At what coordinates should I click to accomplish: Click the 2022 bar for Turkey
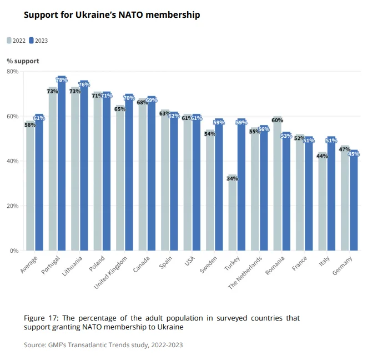(x=232, y=217)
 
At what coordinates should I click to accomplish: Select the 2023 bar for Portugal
(x=61, y=167)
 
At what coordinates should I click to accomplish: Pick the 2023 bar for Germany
(x=353, y=203)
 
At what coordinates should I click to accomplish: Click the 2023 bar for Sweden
(x=219, y=186)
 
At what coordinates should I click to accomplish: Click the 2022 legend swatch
(x=9, y=41)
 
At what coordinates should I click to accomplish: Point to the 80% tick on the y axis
(x=13, y=72)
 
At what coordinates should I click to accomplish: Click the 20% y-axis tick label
(x=13, y=206)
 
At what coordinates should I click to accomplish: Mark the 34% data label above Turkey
(x=232, y=179)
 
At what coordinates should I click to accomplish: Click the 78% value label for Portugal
(x=61, y=81)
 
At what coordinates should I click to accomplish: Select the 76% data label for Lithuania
(x=84, y=84)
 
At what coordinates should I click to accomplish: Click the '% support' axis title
(x=23, y=61)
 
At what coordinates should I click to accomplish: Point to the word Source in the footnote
(x=34, y=345)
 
